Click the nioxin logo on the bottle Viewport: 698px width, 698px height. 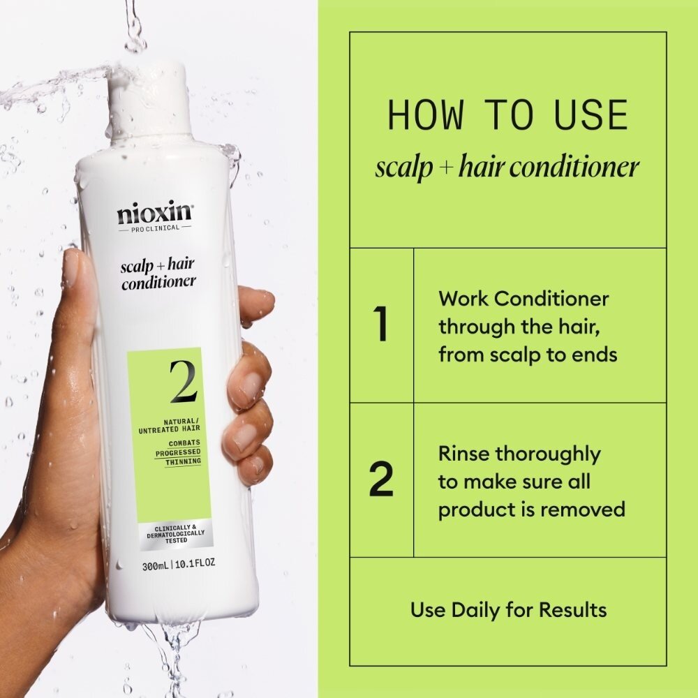click(x=154, y=211)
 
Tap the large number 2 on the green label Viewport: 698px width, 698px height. click(x=182, y=382)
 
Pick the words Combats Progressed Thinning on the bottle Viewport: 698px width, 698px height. click(x=184, y=452)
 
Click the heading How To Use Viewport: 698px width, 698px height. click(x=507, y=116)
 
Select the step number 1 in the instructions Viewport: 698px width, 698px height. click(x=380, y=325)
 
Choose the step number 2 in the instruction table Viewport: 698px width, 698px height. click(x=381, y=480)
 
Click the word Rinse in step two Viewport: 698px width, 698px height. click(x=464, y=454)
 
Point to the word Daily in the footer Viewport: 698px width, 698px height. click(x=482, y=610)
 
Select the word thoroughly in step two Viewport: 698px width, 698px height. click(x=548, y=454)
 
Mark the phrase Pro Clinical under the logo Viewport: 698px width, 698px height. click(x=154, y=228)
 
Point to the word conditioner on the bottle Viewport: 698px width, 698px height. click(x=158, y=283)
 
